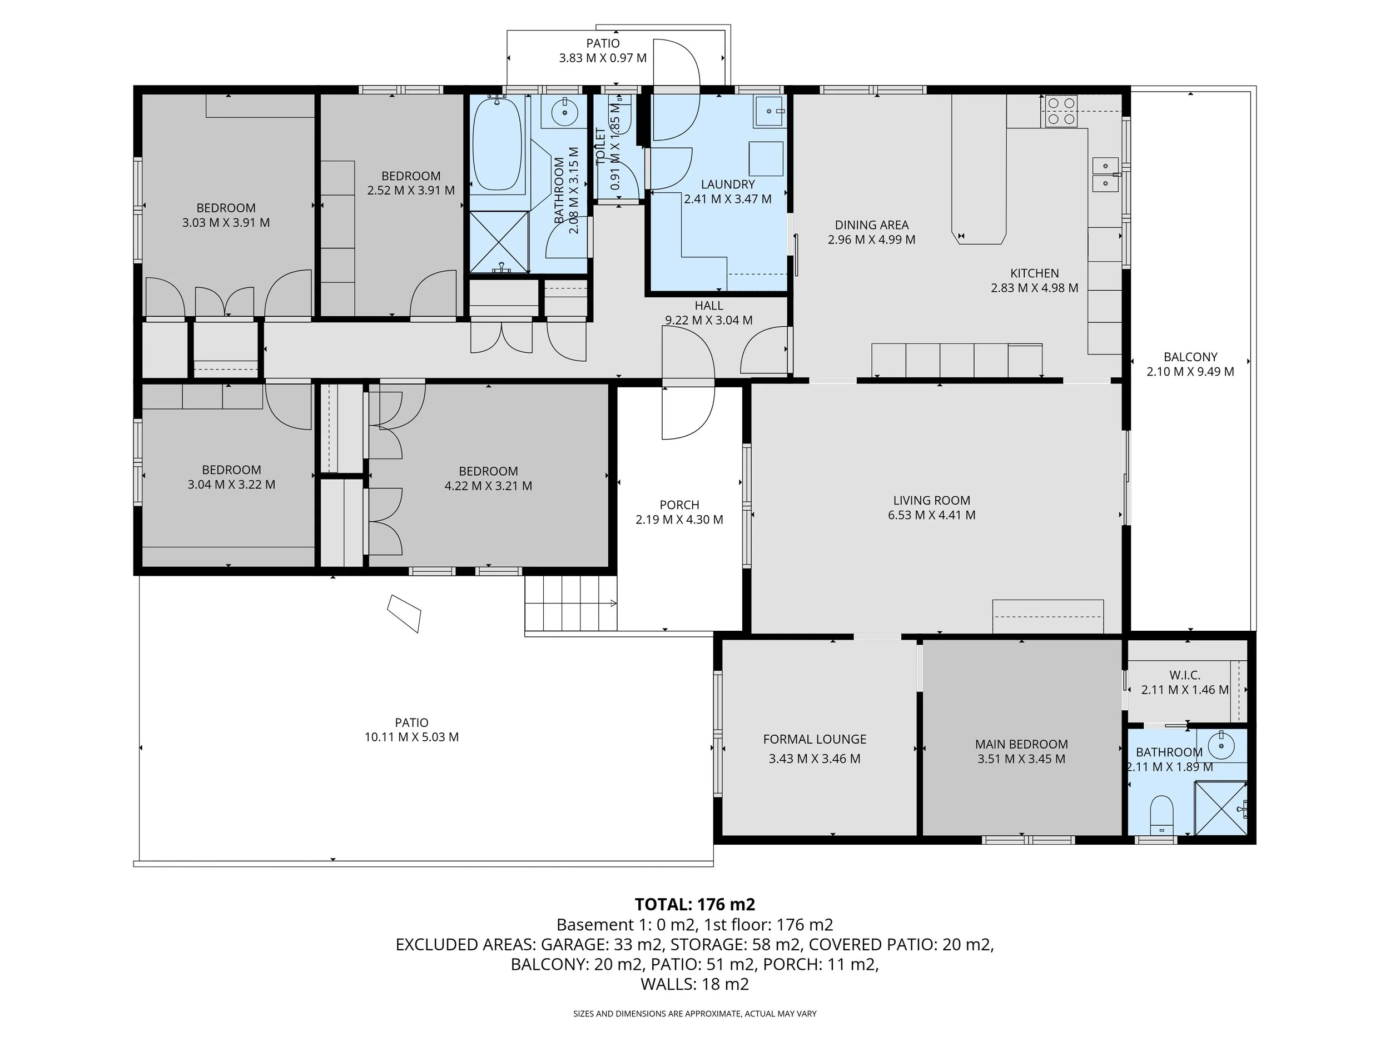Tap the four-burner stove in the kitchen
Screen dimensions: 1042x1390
tap(1061, 111)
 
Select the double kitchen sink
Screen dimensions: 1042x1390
tap(1105, 174)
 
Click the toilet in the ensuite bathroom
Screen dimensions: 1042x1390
tap(1162, 814)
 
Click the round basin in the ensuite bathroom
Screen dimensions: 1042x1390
tap(1221, 746)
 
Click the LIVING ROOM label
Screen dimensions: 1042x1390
tap(931, 501)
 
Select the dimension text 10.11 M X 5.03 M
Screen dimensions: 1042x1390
tap(411, 737)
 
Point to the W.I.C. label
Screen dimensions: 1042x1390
tap(1184, 675)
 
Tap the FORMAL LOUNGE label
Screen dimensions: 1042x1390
tap(815, 739)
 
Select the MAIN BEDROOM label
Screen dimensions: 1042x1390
tap(1021, 744)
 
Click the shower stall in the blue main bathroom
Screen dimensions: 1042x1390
tap(499, 242)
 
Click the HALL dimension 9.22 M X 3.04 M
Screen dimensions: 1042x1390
tap(709, 320)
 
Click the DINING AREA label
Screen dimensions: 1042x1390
tap(872, 225)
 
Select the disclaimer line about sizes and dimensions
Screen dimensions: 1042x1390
tap(694, 1014)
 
